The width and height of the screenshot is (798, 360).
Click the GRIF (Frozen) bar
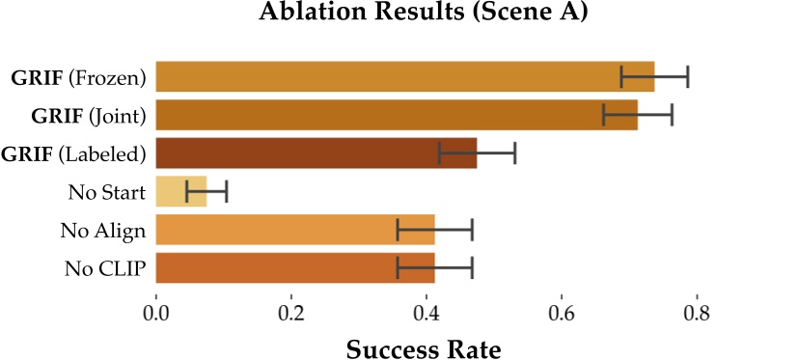[x=404, y=76]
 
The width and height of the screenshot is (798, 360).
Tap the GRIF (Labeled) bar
[x=316, y=153]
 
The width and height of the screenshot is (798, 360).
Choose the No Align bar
[x=295, y=230]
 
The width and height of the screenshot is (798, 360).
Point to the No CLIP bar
[x=295, y=267]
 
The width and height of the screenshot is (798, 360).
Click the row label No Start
[x=107, y=191]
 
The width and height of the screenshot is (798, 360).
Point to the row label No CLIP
[x=106, y=267]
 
